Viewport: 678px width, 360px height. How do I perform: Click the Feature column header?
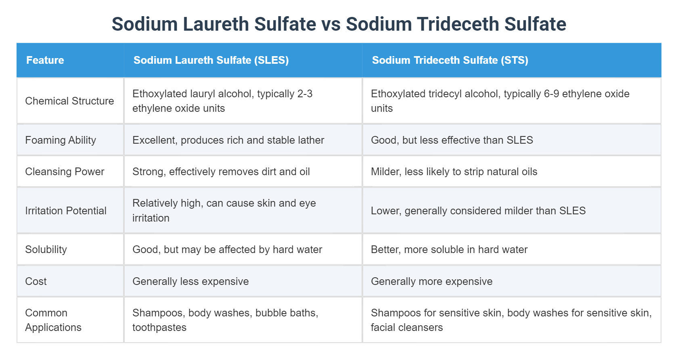tap(45, 60)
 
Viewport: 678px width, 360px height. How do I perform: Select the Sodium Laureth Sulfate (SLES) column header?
tap(211, 60)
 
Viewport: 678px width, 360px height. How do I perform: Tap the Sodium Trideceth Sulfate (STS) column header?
tap(450, 60)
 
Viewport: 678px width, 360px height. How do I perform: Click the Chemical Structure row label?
tap(69, 101)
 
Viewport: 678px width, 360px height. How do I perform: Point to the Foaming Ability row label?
tap(61, 140)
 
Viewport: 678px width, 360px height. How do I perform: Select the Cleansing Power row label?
tap(65, 172)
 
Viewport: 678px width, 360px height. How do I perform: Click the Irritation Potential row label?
tap(66, 211)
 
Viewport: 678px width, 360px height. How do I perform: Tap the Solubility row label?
tap(46, 249)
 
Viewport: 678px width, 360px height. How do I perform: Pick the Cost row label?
tap(36, 281)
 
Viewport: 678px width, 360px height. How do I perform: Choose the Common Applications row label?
tap(53, 320)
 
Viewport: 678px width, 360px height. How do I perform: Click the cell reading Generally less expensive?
tap(190, 281)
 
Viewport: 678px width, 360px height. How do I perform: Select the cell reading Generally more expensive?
tap(431, 281)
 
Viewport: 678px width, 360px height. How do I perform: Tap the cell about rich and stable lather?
tap(228, 140)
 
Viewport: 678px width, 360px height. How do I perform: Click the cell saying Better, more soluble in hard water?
tap(449, 249)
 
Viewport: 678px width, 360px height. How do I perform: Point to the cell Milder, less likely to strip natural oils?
tap(454, 172)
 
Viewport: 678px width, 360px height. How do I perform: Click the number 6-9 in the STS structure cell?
tap(551, 94)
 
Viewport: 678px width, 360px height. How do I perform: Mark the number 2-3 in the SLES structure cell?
tap(305, 94)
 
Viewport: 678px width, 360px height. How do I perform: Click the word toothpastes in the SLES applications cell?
tap(159, 327)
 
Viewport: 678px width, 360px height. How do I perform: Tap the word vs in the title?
tap(331, 24)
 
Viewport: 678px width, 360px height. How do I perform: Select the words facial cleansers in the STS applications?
tap(407, 327)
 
